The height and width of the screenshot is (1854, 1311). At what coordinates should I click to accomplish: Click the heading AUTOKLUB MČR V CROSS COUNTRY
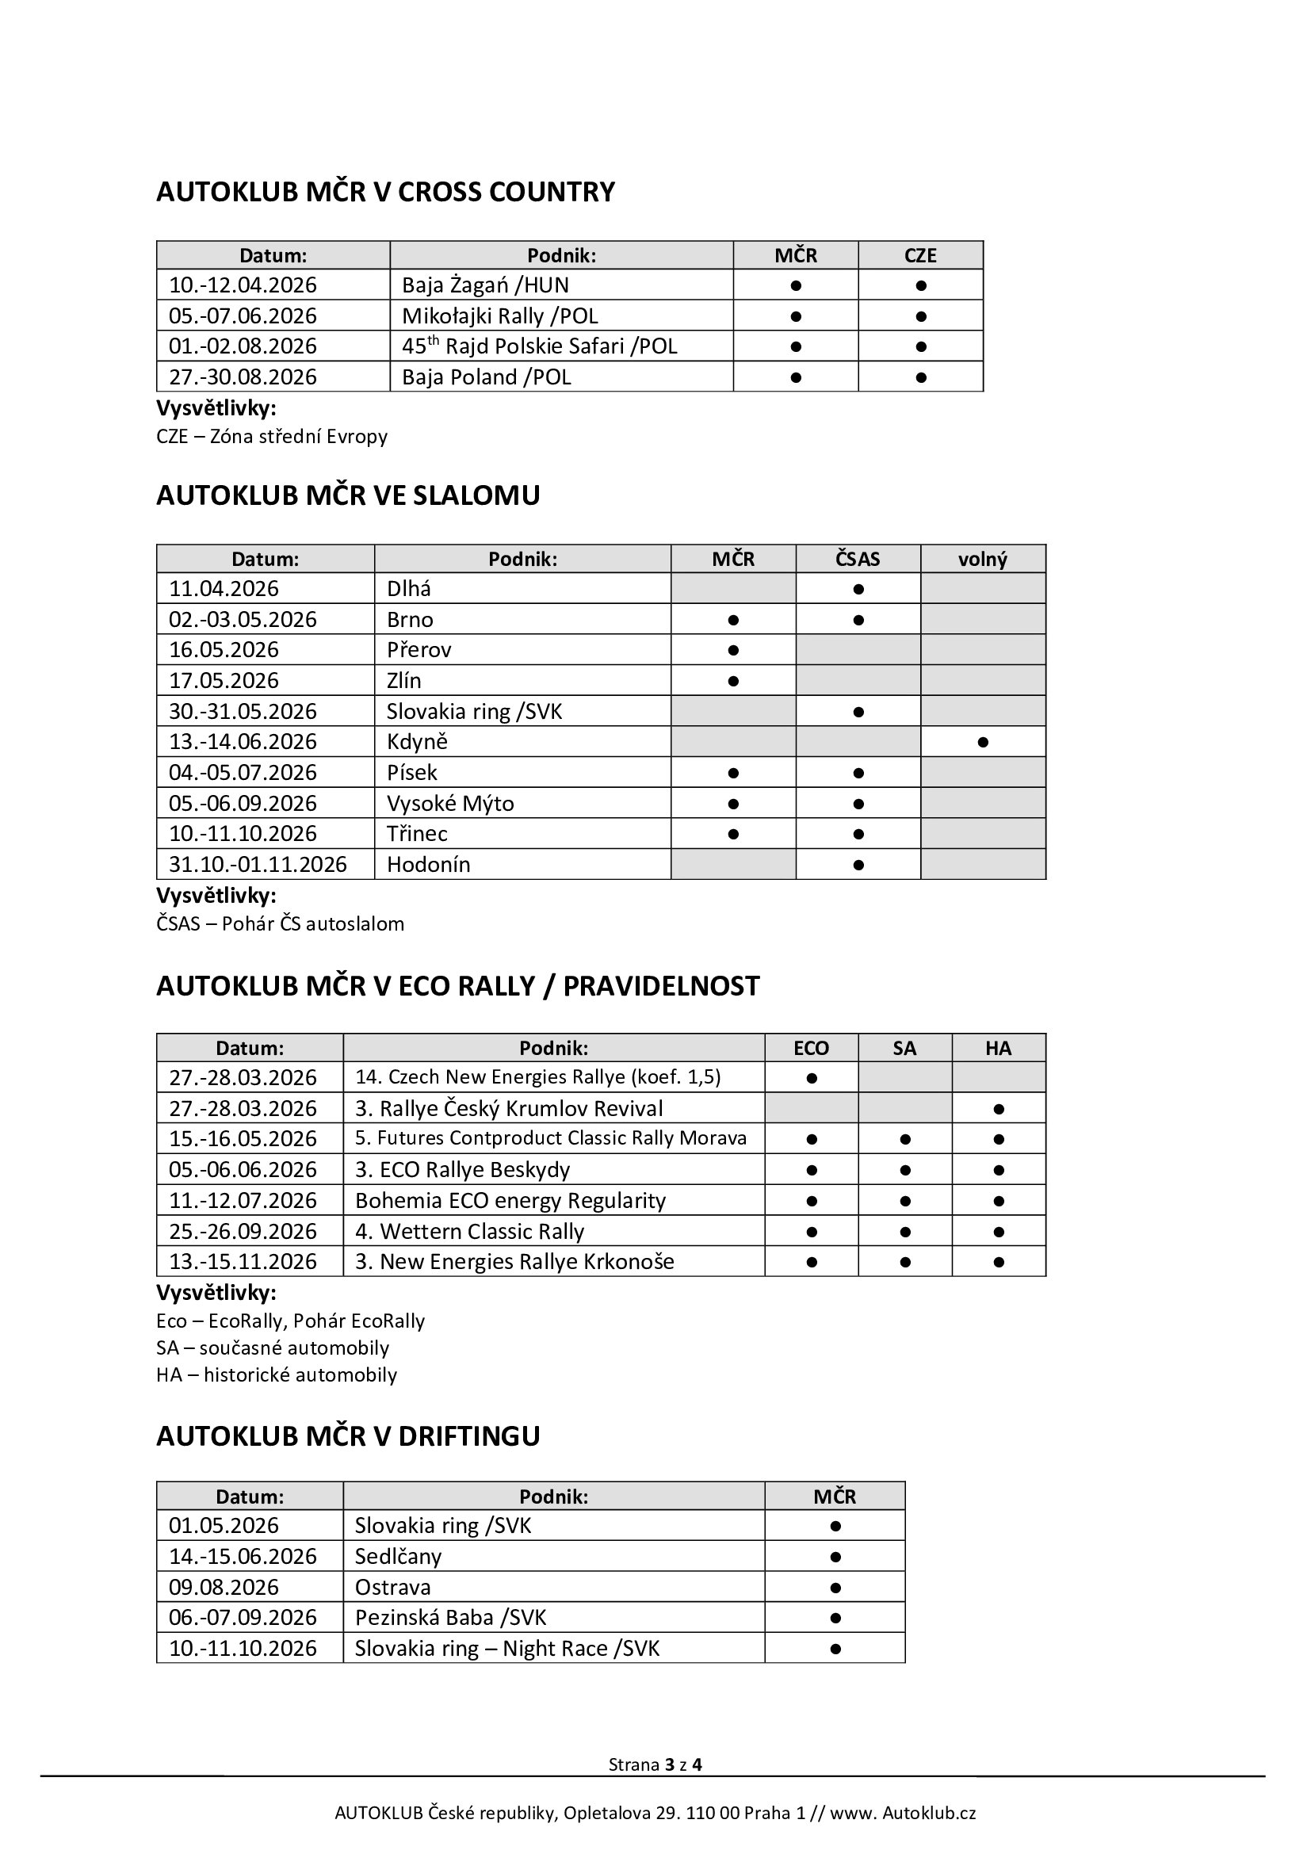[x=385, y=192]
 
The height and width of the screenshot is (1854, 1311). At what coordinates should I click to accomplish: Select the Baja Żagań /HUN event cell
[x=485, y=285]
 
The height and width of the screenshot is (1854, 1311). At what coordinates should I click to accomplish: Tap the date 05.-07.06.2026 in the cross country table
[x=243, y=315]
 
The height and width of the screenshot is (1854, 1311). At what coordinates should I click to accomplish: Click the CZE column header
[x=920, y=255]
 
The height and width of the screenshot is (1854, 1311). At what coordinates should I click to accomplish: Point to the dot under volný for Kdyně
[x=982, y=741]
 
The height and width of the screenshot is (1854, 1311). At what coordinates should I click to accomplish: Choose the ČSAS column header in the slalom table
[x=858, y=559]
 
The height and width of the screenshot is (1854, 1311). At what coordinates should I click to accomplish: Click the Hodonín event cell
[x=428, y=864]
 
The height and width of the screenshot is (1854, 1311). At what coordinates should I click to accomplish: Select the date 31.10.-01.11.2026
[x=258, y=864]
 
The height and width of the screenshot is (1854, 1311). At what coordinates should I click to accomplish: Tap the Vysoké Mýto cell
[x=449, y=803]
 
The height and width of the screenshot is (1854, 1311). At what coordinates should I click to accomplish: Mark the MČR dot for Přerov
[x=733, y=650]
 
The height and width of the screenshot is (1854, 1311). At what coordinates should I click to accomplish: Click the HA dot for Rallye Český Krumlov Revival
[x=999, y=1109]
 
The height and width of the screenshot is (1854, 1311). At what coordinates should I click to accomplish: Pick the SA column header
[x=904, y=1048]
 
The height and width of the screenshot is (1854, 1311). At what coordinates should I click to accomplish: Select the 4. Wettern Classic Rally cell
[x=469, y=1232]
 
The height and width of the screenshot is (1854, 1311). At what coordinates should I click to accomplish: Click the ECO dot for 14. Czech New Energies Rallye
[x=812, y=1078]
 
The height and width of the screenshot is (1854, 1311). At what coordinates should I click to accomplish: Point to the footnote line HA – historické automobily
[x=276, y=1374]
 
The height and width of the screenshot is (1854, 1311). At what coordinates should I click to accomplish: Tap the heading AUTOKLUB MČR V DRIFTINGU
[x=348, y=1435]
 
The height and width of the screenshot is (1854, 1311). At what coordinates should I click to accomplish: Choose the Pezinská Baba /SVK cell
[x=450, y=1618]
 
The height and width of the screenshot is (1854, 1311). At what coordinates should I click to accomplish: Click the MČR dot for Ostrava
[x=835, y=1588]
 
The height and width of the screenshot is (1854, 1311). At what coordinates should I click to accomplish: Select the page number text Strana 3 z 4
[x=655, y=1764]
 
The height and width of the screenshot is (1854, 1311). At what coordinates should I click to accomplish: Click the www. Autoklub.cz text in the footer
[x=903, y=1813]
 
